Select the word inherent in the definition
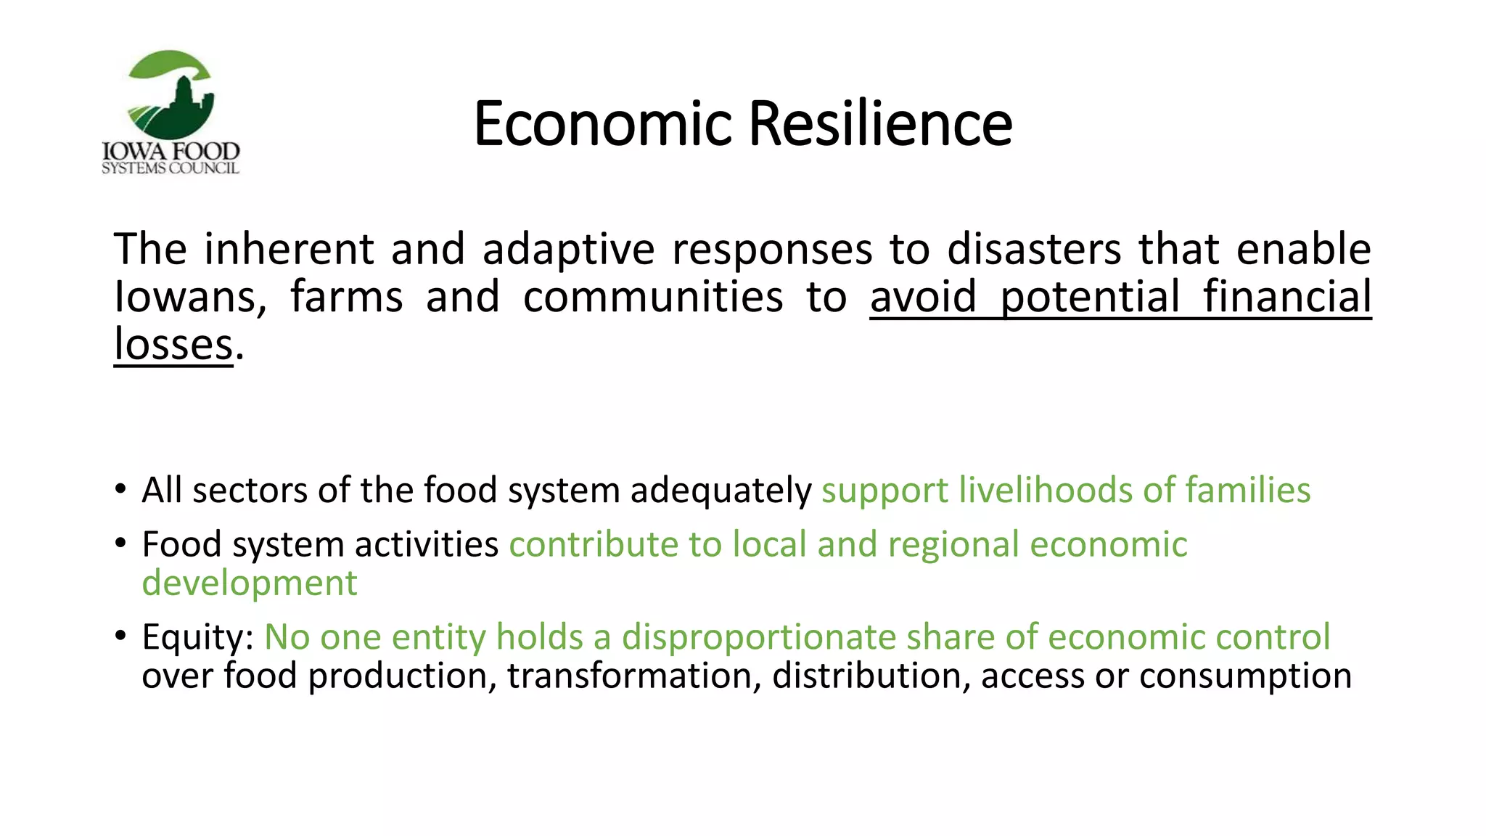click(289, 249)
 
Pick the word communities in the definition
click(652, 298)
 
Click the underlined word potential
click(1090, 298)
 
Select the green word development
click(250, 583)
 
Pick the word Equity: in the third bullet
click(197, 637)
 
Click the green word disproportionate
click(758, 637)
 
